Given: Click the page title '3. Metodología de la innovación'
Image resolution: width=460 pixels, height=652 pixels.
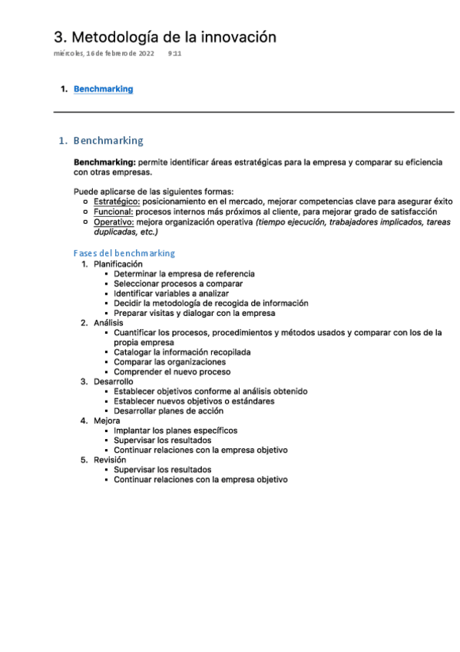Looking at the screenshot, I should (x=164, y=37).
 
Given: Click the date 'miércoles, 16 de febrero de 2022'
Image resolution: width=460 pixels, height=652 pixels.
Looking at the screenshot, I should (x=104, y=54).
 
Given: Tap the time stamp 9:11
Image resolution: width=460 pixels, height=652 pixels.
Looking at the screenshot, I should (x=174, y=54).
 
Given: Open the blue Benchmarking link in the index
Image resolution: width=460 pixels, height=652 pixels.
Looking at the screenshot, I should (x=103, y=89).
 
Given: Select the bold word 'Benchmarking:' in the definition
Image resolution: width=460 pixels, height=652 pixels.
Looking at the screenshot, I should (x=104, y=163).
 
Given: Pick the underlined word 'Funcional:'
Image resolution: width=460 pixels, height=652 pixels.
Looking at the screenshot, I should (x=114, y=211).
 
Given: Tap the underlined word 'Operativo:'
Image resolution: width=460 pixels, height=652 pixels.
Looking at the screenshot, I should (x=114, y=221).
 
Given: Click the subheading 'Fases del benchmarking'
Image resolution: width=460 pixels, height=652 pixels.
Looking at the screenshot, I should (x=124, y=253).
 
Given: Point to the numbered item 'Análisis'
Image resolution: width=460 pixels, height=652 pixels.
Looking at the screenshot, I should (x=108, y=323).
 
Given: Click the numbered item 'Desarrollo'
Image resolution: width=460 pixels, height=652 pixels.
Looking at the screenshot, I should (x=114, y=381).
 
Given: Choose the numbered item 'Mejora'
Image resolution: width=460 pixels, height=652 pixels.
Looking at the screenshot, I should (x=107, y=421).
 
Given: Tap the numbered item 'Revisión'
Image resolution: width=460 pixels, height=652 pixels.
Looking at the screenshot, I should (x=110, y=460).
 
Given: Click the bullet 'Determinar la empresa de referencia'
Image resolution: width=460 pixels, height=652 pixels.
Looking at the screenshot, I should (x=184, y=274).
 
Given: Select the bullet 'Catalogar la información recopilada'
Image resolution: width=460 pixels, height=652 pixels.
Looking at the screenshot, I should (x=182, y=352).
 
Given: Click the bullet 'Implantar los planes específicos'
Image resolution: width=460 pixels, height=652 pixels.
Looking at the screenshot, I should (x=175, y=431).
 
